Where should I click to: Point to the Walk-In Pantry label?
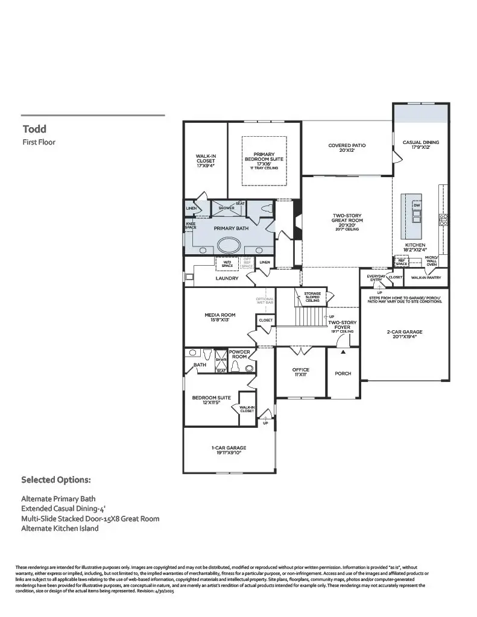[426, 278]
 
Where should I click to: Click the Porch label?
[343, 374]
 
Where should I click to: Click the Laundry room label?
[227, 278]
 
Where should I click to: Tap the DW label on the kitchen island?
[416, 205]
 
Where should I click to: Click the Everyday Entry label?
[376, 277]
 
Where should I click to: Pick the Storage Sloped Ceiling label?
[312, 296]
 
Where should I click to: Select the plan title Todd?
[34, 128]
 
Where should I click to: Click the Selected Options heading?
[56, 480]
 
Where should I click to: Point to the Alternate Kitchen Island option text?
[60, 528]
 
